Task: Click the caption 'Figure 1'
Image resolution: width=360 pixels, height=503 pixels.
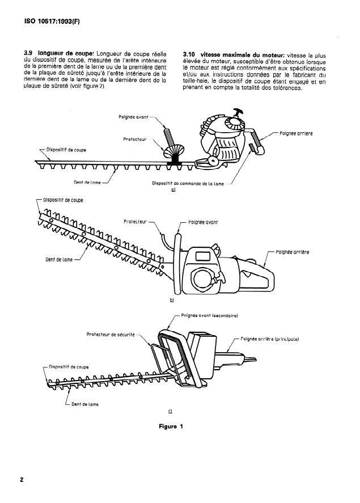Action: click(170, 426)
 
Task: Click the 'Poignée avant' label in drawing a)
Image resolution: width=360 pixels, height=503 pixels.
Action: click(134, 117)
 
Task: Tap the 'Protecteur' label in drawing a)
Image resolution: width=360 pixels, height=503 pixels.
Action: click(135, 139)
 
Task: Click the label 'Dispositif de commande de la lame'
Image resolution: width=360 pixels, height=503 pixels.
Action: click(189, 183)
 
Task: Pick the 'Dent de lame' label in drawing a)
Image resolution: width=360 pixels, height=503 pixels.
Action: click(87, 183)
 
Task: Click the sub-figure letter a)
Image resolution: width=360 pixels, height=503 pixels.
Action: click(173, 190)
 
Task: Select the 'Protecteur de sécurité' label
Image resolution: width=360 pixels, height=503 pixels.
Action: click(111, 335)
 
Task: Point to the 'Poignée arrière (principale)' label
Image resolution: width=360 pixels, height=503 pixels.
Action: click(269, 339)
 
